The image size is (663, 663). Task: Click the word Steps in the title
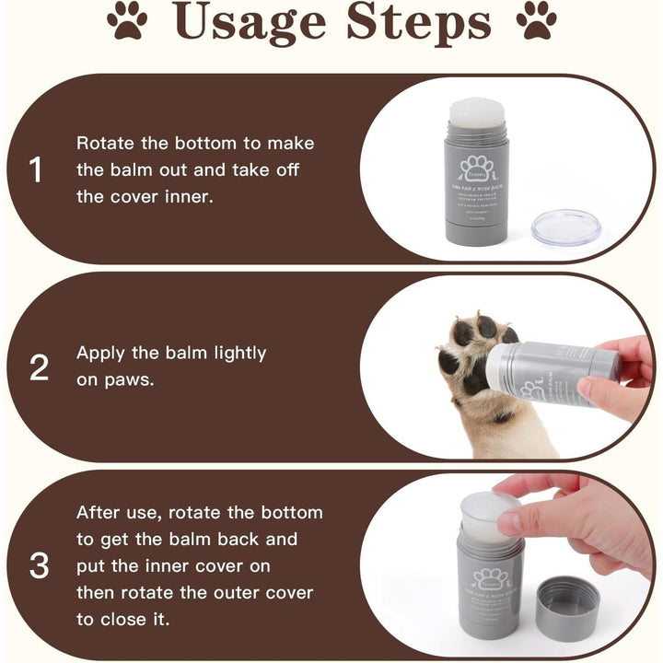coord(418,24)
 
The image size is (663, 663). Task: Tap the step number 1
coord(36,170)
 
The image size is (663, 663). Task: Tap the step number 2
coord(39,368)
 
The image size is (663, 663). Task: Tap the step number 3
coord(39,566)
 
